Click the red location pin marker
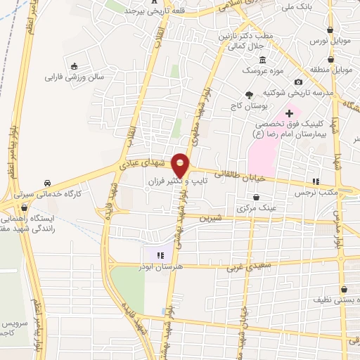coord(181,166)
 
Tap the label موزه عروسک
coord(260,71)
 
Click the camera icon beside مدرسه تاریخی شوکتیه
coord(299,82)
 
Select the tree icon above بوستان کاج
coord(248,94)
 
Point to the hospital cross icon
coord(289,112)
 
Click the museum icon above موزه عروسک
coord(261,60)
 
